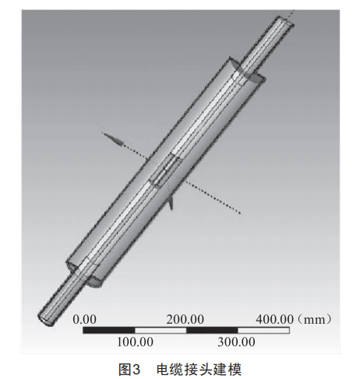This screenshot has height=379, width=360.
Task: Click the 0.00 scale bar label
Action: pyautogui.click(x=84, y=319)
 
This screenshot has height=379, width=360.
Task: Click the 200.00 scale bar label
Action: pyautogui.click(x=185, y=319)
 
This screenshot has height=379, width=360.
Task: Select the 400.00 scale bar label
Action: pyautogui.click(x=275, y=319)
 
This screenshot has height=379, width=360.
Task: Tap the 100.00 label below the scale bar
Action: pyautogui.click(x=135, y=342)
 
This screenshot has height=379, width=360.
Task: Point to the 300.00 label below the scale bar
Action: pyautogui.click(x=236, y=342)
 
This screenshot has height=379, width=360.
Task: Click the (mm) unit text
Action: pyautogui.click(x=314, y=319)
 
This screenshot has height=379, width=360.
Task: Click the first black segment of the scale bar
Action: pyautogui.click(x=109, y=330)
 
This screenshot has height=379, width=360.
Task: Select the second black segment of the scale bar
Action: pyautogui.click(x=212, y=330)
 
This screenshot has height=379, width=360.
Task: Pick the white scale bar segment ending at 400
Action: pyautogui.click(x=263, y=330)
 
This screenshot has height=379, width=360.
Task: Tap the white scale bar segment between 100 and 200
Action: pyautogui.click(x=161, y=330)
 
